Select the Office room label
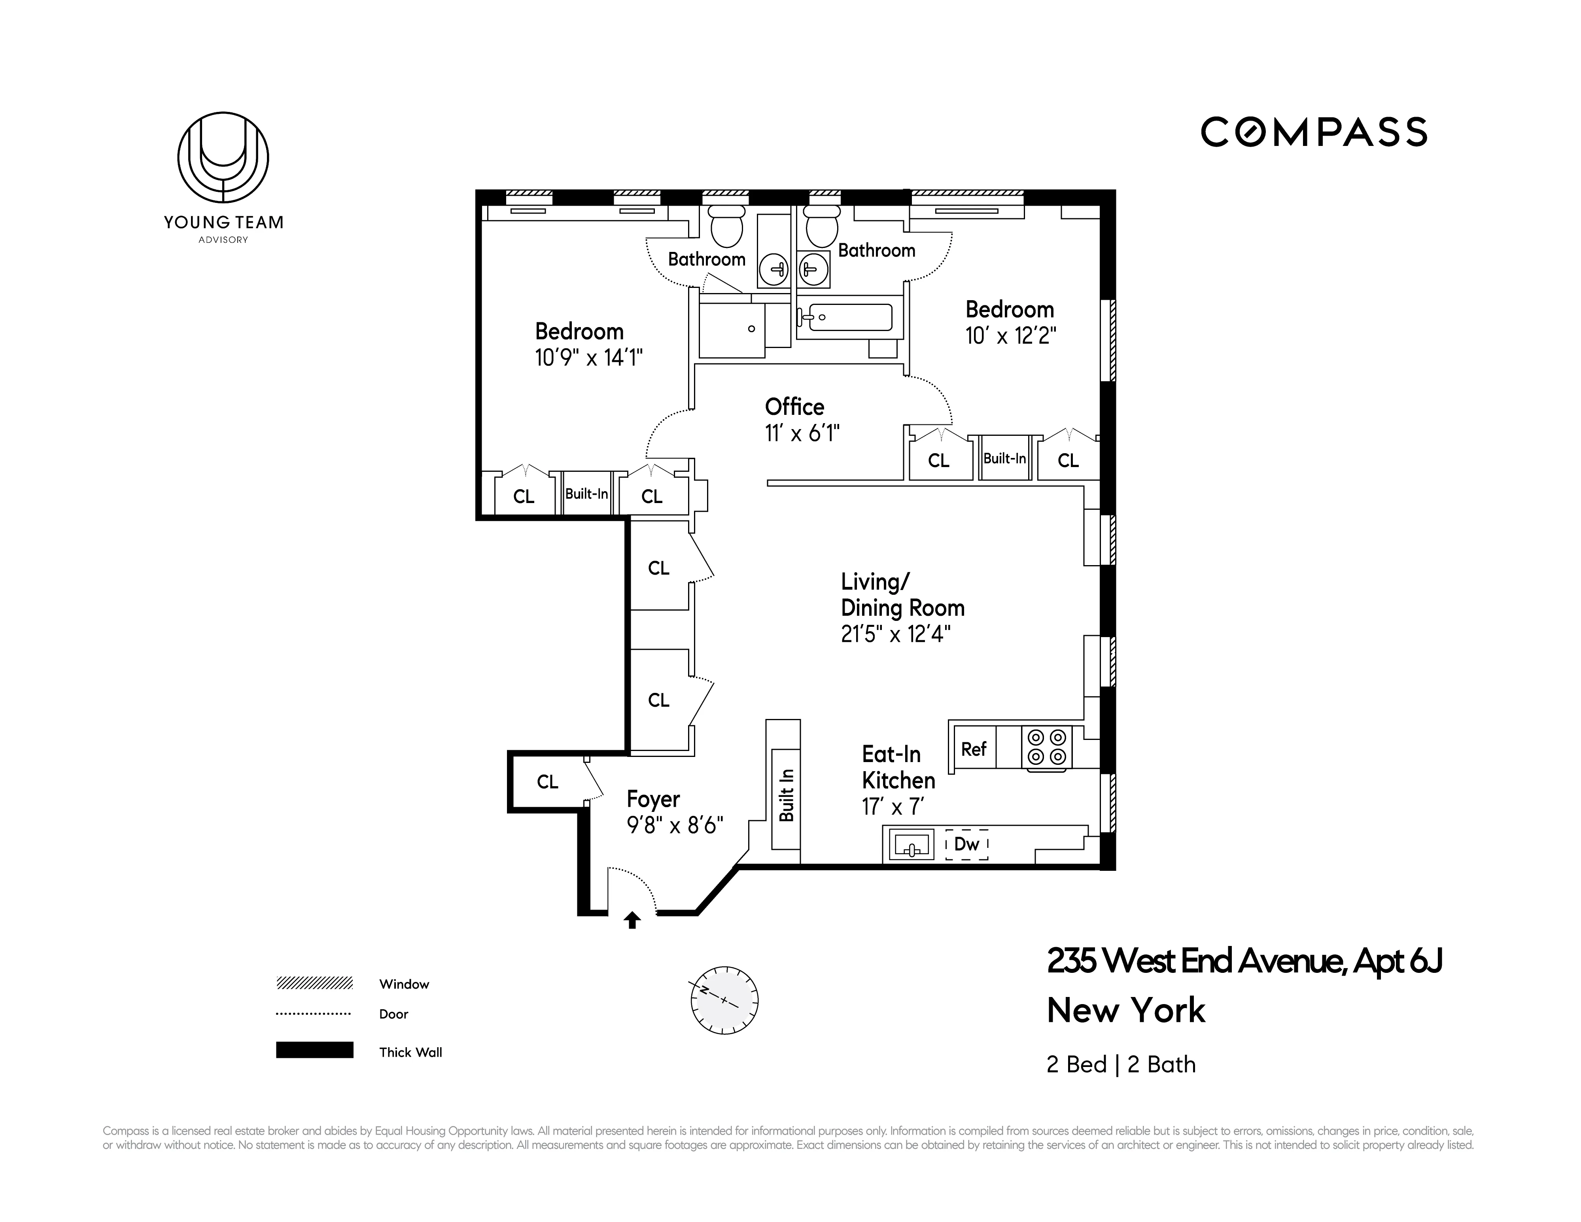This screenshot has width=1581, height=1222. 794,407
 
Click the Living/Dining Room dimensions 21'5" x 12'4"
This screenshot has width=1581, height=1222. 895,635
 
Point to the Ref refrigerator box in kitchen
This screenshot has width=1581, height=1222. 974,749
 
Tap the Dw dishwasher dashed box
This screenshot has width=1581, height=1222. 966,844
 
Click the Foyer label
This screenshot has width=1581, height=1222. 653,799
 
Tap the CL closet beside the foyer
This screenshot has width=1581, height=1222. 547,782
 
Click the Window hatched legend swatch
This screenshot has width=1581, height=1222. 314,983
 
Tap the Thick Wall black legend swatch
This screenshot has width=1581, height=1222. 314,1050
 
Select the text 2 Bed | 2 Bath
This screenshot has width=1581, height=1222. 1121,1065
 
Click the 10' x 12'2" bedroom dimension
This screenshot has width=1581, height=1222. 1010,336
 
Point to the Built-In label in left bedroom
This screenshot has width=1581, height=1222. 586,494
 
